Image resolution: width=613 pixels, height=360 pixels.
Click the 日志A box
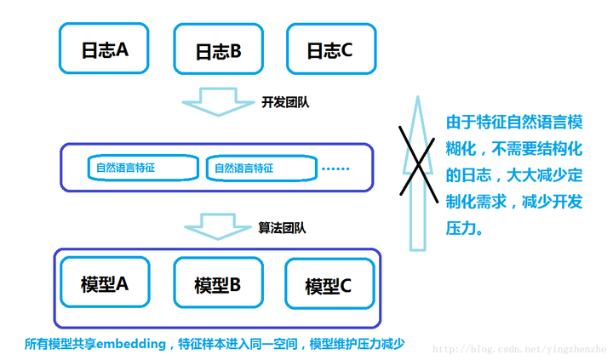pos(103,49)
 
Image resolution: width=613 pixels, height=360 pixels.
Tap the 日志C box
pos(329,49)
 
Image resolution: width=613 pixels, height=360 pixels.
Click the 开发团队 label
pos(285,102)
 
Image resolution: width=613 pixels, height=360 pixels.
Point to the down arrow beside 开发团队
pos(218,101)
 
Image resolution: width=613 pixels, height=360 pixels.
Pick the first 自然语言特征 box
pos(142,168)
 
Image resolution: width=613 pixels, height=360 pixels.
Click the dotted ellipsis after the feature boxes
pos(336,169)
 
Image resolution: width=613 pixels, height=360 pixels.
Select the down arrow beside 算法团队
pos(218,226)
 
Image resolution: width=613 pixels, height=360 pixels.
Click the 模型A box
pos(103,283)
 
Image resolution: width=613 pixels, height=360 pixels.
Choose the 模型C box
pos(329,285)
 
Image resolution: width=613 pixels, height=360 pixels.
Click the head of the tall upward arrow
pos(417,106)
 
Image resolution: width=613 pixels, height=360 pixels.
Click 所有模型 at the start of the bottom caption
pos(50,344)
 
